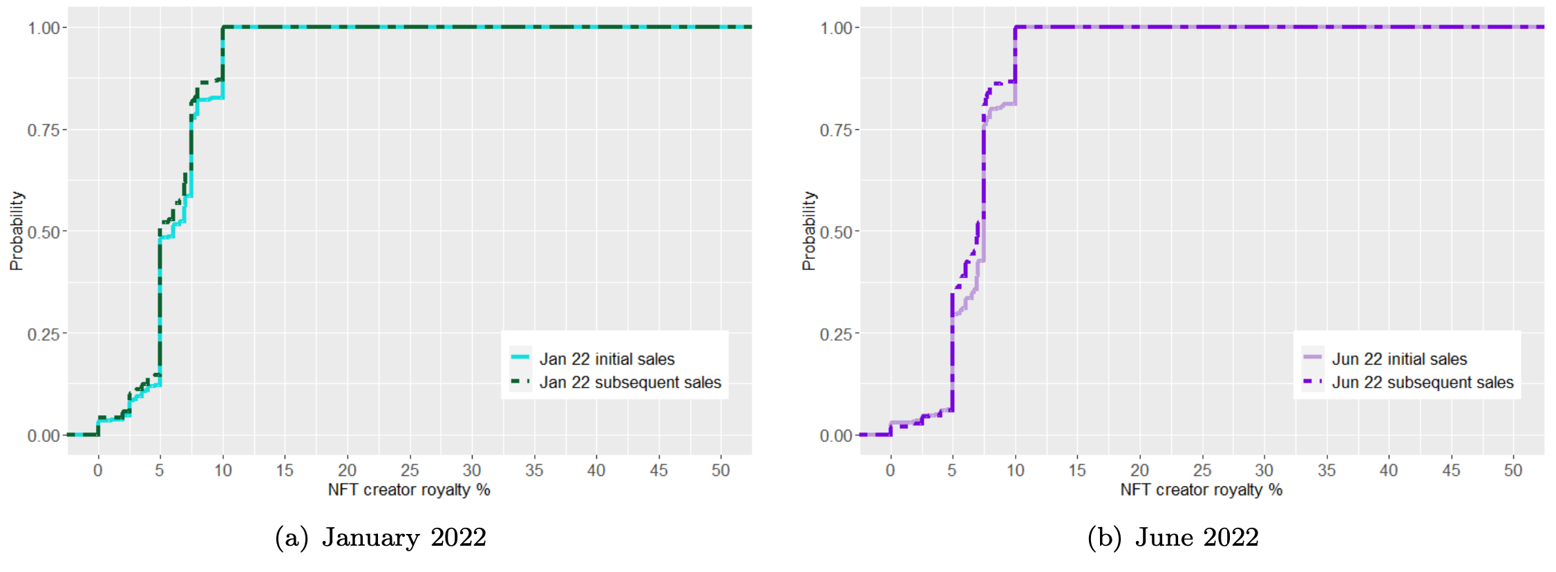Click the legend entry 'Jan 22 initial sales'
tap(607, 359)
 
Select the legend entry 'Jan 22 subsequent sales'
tap(629, 382)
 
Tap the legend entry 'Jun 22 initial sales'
tap(1399, 359)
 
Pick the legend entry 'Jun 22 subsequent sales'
tap(1422, 382)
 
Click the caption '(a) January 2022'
tap(381, 537)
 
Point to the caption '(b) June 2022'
tap(1173, 537)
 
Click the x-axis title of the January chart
tap(409, 490)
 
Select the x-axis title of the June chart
tap(1201, 490)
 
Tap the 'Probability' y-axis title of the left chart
tap(17, 231)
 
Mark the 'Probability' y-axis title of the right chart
tap(809, 231)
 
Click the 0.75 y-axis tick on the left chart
tap(44, 130)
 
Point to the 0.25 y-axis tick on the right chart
tap(836, 334)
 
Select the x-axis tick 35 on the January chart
tap(534, 470)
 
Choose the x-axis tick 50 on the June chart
tap(1513, 470)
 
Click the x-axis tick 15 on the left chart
tap(285, 470)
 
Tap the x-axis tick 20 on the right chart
tap(1139, 470)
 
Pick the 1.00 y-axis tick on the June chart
tap(836, 28)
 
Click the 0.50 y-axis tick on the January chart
tap(44, 232)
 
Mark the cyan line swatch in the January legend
tap(520, 357)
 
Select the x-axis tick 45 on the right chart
tap(1451, 470)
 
